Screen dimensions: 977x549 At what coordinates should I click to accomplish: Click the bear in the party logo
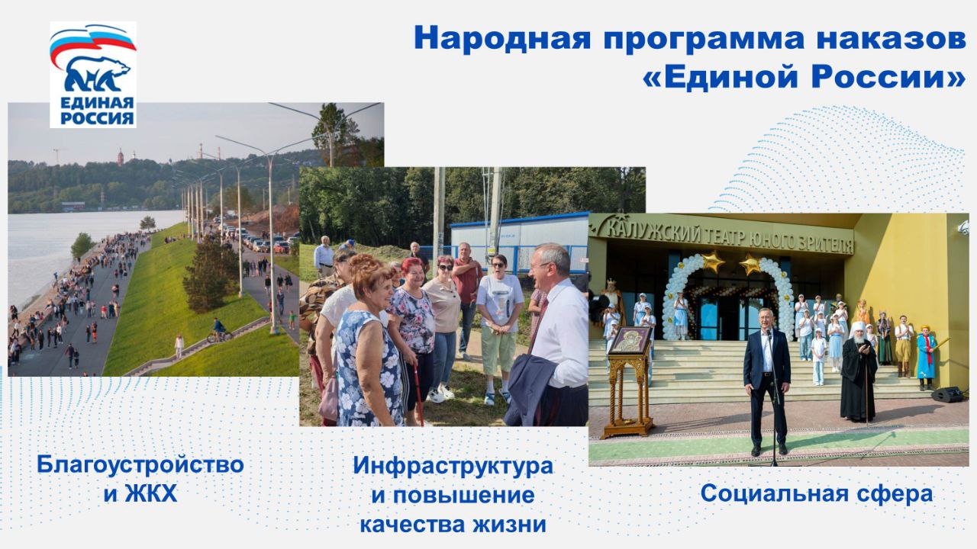[97, 74]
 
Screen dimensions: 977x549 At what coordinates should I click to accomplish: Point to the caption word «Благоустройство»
[140, 464]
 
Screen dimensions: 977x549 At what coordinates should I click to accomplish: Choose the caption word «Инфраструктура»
[453, 466]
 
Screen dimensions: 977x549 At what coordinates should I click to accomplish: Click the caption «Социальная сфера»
[817, 493]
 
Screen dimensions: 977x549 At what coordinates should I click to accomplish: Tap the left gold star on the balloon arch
[712, 261]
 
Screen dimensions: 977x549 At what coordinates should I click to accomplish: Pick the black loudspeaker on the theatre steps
[947, 395]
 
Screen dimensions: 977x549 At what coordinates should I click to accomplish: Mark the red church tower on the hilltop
[121, 158]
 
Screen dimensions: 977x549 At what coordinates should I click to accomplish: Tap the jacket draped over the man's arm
[531, 389]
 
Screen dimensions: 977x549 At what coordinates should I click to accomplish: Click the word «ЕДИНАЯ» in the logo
[97, 104]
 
